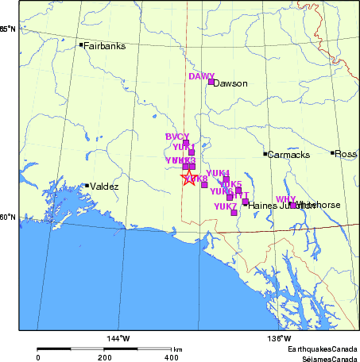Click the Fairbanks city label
(x=105, y=46)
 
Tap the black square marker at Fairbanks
(x=81, y=44)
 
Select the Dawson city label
(x=231, y=83)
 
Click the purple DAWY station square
(x=211, y=82)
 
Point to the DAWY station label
(x=201, y=76)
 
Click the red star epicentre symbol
(x=188, y=178)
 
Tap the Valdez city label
(x=104, y=187)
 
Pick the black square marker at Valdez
(x=87, y=186)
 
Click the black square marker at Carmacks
(x=265, y=153)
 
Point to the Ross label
(x=346, y=154)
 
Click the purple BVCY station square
(x=186, y=144)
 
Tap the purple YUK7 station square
(x=234, y=212)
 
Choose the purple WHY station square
(x=292, y=205)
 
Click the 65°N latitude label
(x=7, y=29)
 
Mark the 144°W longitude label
(x=119, y=340)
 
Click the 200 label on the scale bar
(x=105, y=358)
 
